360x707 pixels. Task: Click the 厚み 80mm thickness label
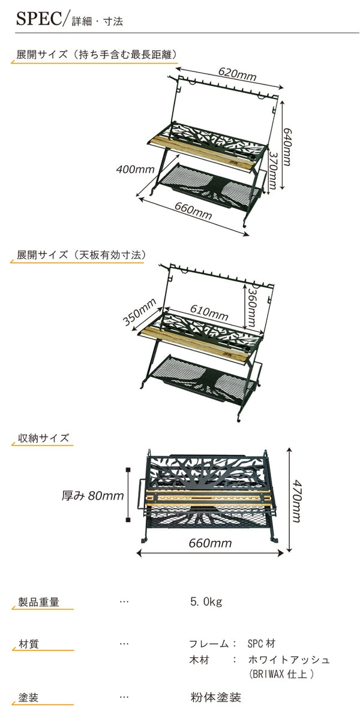[93, 495]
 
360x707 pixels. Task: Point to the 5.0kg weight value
[206, 601]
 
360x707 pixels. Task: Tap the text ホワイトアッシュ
[289, 660]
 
